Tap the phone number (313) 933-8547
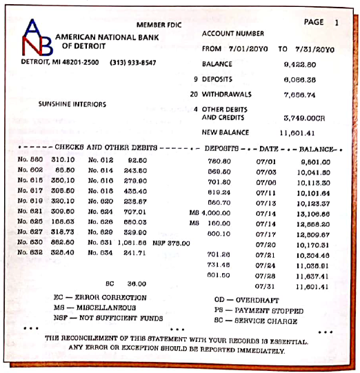click(132, 63)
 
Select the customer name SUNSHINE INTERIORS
click(72, 105)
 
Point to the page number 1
click(337, 23)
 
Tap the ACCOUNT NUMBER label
click(233, 34)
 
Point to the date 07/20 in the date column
click(266, 244)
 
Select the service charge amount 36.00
click(136, 283)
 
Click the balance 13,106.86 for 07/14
click(313, 214)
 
